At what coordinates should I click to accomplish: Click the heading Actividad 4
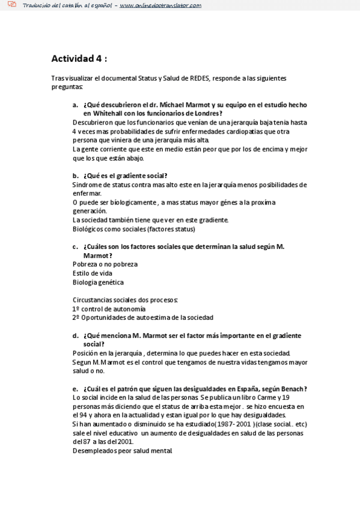point(79,59)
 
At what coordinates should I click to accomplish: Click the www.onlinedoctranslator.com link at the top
point(160,5)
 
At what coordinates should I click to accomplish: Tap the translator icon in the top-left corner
point(11,5)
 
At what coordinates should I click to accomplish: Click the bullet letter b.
point(75,176)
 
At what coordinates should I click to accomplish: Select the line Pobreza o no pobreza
point(105,264)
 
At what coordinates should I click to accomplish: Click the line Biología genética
point(98,282)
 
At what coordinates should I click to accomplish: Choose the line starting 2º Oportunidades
point(142,318)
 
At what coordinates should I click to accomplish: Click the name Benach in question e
point(291,389)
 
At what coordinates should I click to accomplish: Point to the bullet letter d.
point(75,336)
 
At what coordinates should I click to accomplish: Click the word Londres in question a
point(207,113)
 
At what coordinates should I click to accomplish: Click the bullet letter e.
point(75,389)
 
